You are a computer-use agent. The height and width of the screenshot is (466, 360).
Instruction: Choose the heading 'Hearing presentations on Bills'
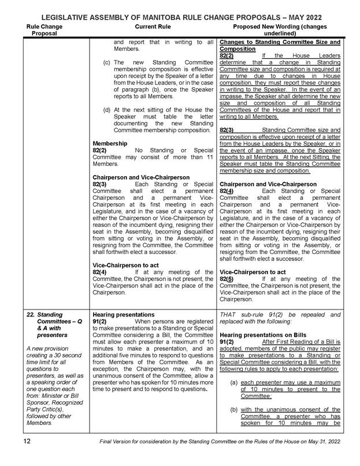(x=263, y=334)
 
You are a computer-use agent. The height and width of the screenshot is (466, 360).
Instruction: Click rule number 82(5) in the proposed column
(x=227, y=278)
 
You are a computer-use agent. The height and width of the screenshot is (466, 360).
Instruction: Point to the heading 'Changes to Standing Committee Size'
(x=280, y=43)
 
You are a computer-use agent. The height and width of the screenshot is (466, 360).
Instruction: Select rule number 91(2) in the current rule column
(x=100, y=321)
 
